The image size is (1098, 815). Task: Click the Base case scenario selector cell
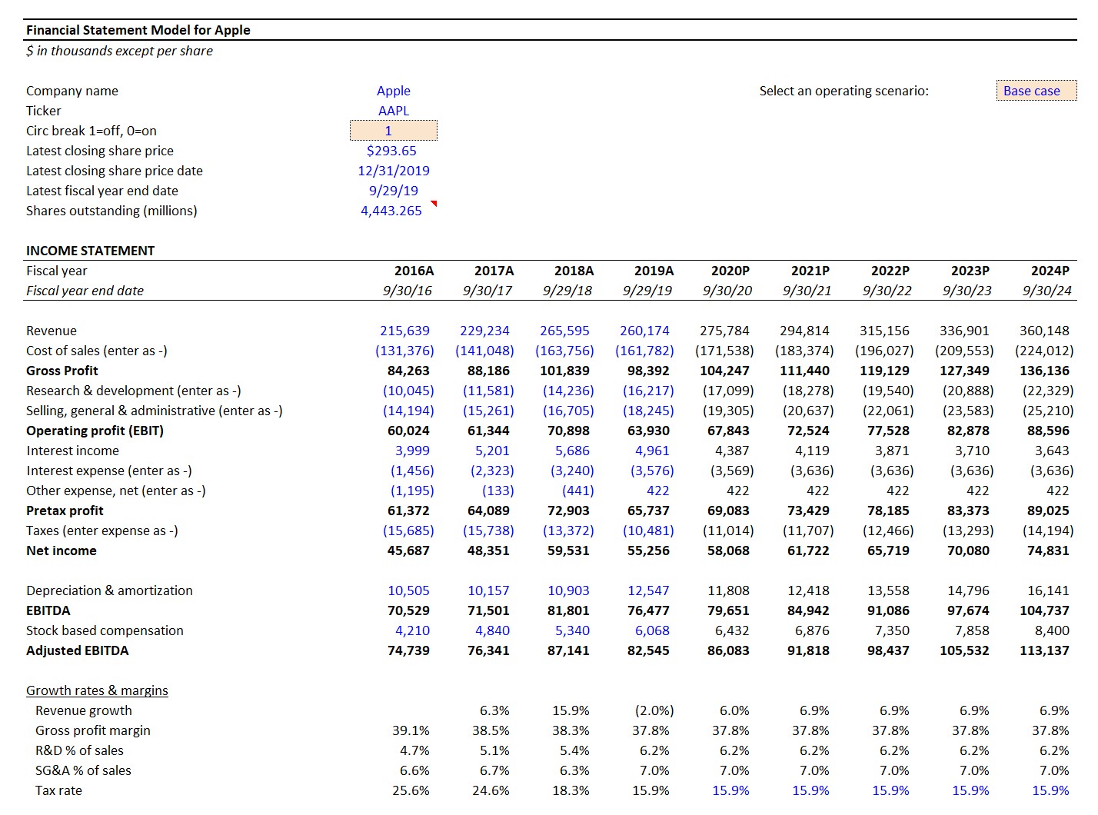tap(1035, 91)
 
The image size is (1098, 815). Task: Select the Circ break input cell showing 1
tap(393, 131)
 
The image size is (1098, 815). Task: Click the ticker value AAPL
tap(393, 111)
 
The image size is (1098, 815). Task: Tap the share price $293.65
tap(391, 151)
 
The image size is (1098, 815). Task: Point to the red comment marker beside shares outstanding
tap(434, 204)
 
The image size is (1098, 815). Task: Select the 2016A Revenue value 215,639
tap(404, 331)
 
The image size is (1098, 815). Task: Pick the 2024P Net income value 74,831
tap(1044, 551)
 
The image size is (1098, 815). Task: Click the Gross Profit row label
tap(62, 371)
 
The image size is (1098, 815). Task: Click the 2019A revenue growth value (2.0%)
tap(654, 710)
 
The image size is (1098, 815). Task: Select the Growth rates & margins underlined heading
tap(97, 690)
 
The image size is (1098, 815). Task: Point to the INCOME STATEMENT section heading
tap(90, 251)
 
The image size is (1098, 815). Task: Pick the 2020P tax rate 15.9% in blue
tap(730, 790)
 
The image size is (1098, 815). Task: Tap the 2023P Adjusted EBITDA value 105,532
tap(964, 650)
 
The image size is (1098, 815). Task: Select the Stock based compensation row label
tap(105, 630)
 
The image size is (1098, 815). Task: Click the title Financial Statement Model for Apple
tap(138, 30)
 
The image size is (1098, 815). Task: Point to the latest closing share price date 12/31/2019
tap(393, 171)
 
